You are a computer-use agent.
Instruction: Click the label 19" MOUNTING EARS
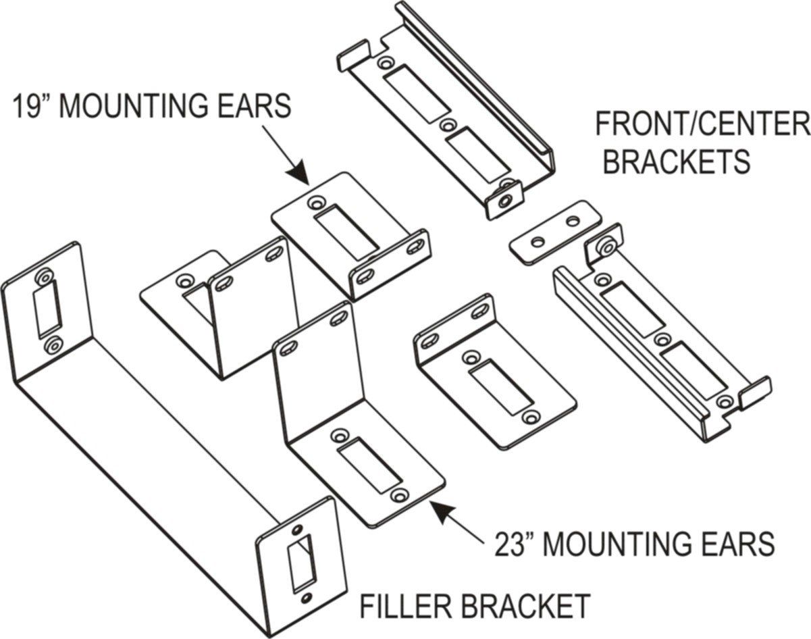tap(151, 107)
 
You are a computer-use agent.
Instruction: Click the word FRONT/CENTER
tap(701, 125)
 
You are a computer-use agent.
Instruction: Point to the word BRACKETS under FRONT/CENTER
tap(676, 161)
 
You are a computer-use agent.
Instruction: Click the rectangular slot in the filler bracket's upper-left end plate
tap(49, 310)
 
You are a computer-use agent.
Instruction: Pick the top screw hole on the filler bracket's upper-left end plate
tap(45, 277)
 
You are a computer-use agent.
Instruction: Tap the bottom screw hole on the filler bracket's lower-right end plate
tap(307, 597)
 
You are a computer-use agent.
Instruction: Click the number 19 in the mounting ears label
tap(26, 107)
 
